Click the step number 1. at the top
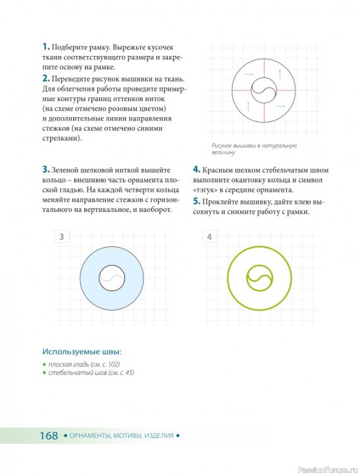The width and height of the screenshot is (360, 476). coord(46,47)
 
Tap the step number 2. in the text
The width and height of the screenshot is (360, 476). coord(46,79)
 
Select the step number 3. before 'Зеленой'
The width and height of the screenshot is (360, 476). coord(46,170)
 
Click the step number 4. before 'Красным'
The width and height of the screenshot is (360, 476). coord(197,170)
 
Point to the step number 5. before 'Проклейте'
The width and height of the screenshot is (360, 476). coord(197,202)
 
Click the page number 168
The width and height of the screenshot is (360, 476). coord(49,436)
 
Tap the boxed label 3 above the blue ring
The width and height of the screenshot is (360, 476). coord(62,237)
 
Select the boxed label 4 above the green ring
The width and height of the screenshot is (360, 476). coord(209,237)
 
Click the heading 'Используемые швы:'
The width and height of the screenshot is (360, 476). coord(82,352)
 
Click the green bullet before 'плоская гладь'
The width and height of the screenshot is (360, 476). coord(44,364)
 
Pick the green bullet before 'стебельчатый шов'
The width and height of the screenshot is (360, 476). coord(44,373)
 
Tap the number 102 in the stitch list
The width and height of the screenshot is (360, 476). coord(113,364)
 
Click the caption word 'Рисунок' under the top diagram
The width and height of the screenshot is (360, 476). coord(221,146)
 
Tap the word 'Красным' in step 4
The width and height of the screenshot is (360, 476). coord(218,170)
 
